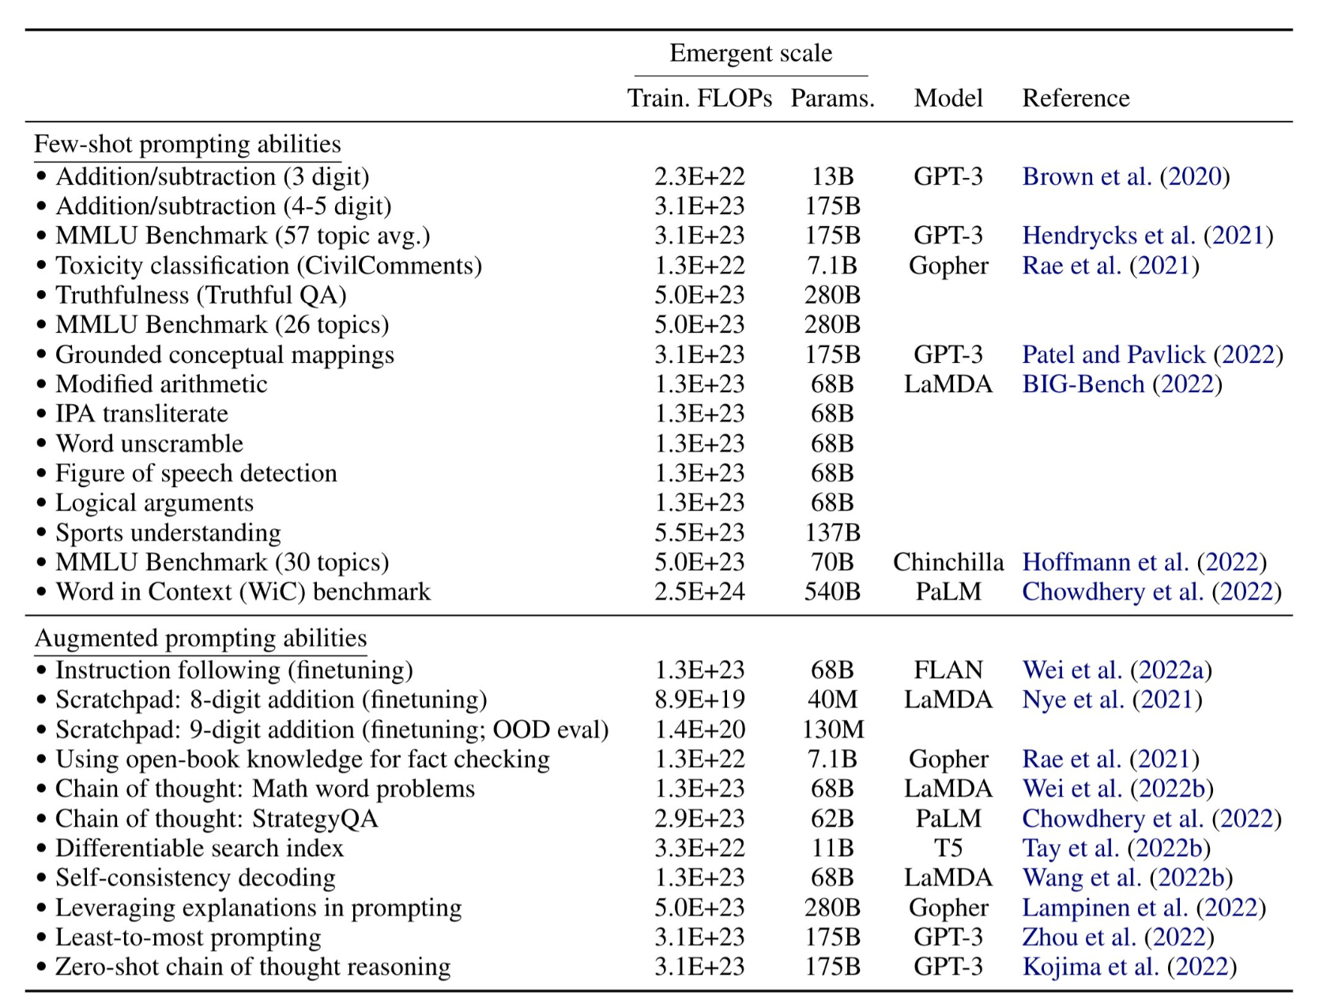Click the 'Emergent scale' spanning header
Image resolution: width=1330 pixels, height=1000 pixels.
point(751,53)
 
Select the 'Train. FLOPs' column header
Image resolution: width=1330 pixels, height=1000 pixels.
point(699,98)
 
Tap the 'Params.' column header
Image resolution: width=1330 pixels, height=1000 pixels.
point(833,98)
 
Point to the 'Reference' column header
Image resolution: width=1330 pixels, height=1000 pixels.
point(1076,98)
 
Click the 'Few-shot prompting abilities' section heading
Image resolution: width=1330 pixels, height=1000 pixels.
point(187,144)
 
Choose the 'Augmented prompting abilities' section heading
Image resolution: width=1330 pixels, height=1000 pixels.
point(201,638)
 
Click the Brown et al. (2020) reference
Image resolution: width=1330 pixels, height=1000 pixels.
point(1126,176)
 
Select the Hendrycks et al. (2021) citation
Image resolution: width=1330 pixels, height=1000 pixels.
point(1147,236)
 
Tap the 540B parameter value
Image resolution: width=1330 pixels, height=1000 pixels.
point(832,591)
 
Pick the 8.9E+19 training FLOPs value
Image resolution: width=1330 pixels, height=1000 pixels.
point(699,700)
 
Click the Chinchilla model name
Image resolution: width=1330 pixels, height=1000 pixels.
point(948,562)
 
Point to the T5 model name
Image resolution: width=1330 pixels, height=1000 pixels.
point(948,848)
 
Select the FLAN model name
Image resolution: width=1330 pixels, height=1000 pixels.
point(948,670)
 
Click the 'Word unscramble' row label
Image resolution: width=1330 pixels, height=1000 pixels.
point(149,443)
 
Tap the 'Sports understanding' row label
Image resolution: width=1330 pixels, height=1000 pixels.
point(168,533)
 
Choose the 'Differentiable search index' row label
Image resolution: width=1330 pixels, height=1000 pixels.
point(199,848)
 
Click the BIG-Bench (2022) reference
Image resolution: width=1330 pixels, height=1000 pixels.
point(1122,384)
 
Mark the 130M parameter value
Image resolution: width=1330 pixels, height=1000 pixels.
point(833,730)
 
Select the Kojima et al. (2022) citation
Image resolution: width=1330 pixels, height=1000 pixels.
point(1129,967)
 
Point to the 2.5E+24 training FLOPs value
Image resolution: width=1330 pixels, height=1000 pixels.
point(699,591)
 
